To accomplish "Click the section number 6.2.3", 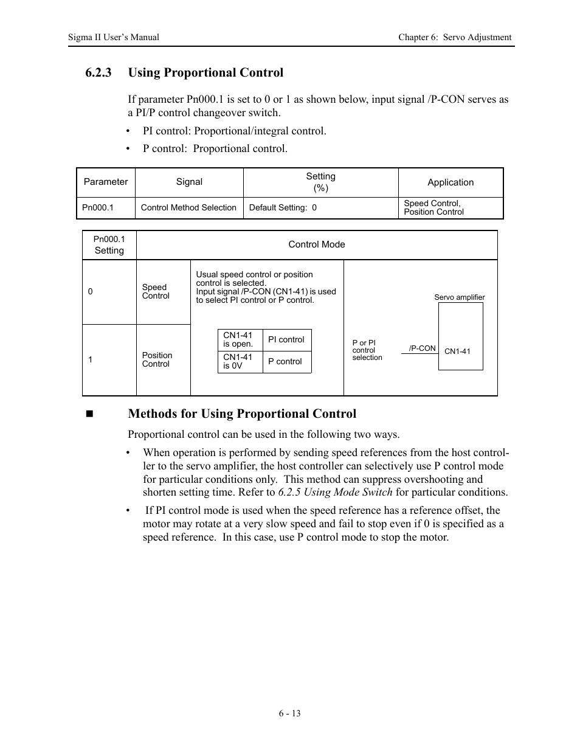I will pos(98,73).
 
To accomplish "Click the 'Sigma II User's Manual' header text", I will pos(113,37).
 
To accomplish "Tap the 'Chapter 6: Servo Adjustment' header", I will pos(454,37).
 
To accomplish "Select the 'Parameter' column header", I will pos(106,182).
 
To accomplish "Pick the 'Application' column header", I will pos(450,182).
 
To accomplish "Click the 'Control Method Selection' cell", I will pos(188,207).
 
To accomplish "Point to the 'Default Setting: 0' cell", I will pos(283,207).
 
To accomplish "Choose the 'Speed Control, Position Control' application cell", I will pos(433,207).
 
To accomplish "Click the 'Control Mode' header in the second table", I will pos(316,244).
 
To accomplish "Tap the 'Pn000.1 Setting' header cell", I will pos(109,245).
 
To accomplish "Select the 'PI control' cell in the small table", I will pos(286,339).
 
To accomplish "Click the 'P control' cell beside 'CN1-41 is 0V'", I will pos(285,361).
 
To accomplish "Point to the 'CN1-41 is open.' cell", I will pos(238,339).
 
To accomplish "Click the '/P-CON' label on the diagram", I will pos(422,348).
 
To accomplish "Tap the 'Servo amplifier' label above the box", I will pos(459,297).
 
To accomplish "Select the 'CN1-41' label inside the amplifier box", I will pos(457,351).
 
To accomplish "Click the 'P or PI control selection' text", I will pos(367,350).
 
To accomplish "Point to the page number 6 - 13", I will pos(289,713).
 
